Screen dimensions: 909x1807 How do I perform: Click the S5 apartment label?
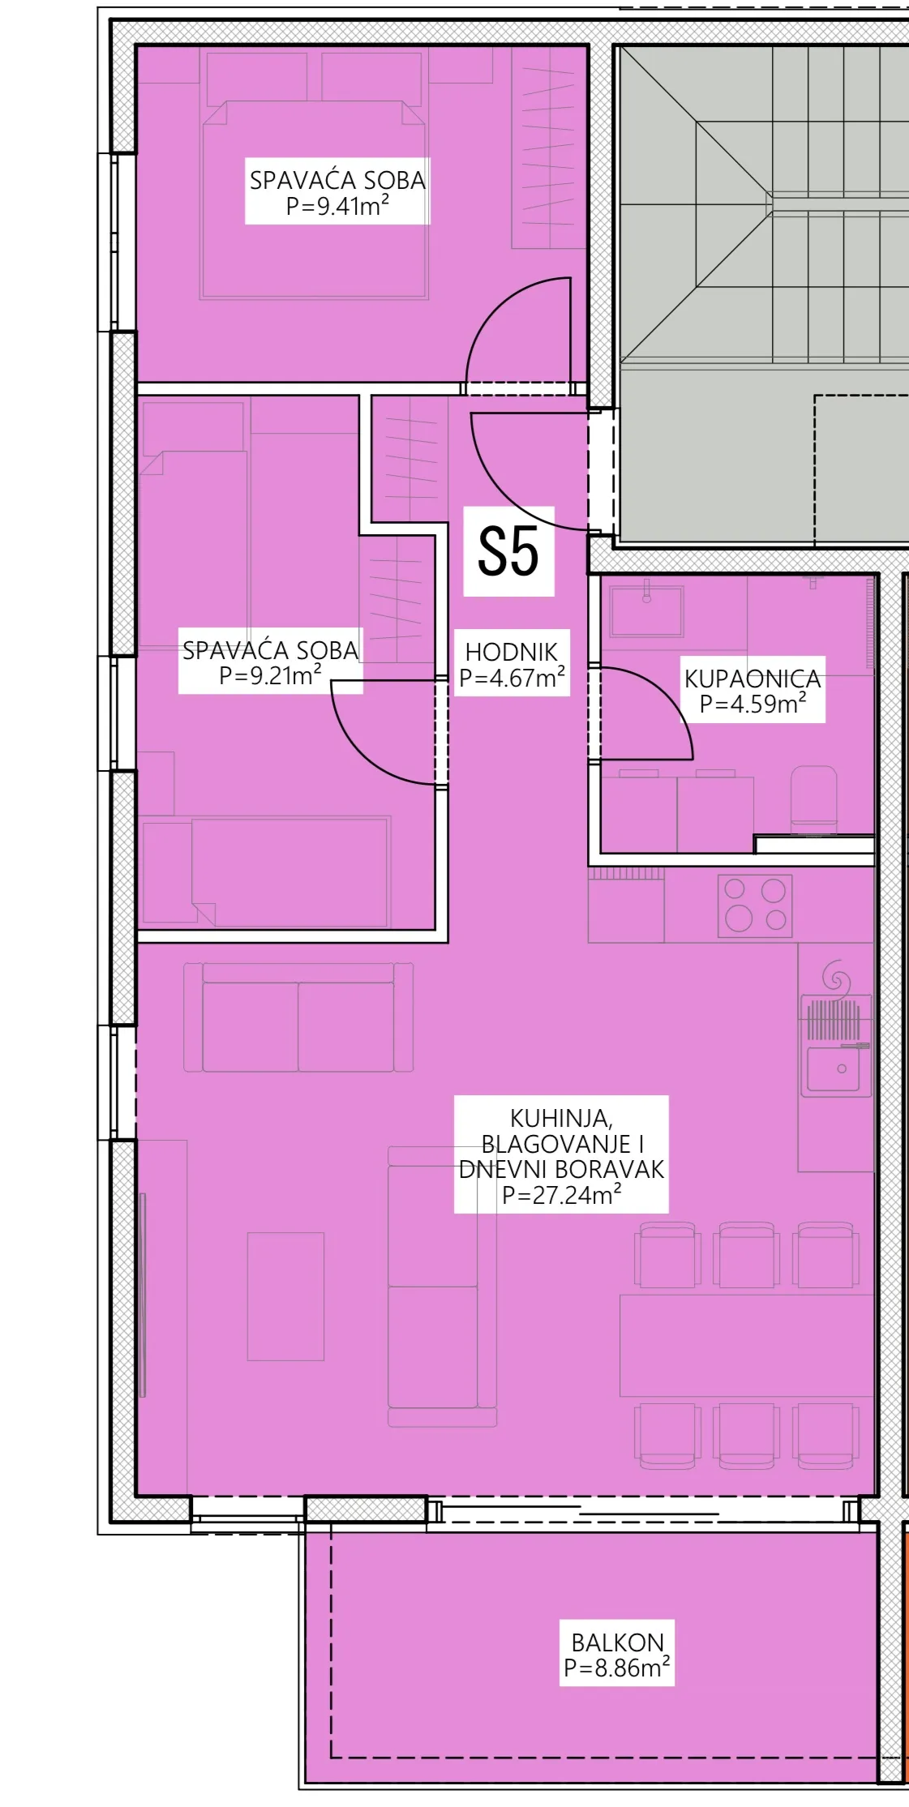(508, 551)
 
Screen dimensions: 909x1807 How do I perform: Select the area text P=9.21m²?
(270, 675)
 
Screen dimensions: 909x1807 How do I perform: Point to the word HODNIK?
(512, 652)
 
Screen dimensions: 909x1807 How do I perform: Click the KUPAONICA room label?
(752, 679)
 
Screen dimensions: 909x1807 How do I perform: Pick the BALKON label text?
(617, 1642)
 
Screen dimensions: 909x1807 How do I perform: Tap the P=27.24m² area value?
(562, 1195)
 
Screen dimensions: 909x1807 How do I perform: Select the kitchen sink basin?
(833, 1068)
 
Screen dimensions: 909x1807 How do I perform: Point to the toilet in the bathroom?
(813, 799)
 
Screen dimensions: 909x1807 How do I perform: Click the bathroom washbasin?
(646, 609)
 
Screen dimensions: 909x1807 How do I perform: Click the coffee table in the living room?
(285, 1296)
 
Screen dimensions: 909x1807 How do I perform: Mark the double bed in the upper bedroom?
(314, 199)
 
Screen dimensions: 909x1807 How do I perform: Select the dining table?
(746, 1346)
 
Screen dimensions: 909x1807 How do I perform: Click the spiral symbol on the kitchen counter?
(835, 978)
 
